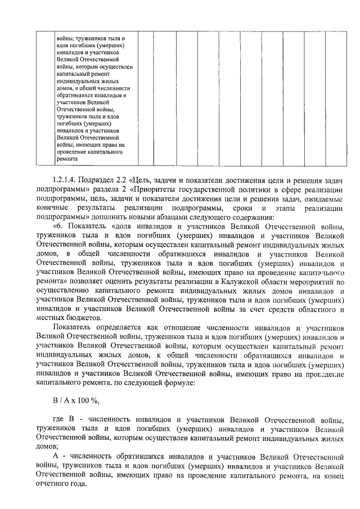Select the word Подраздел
click(x=101, y=179)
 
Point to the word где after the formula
click(x=58, y=420)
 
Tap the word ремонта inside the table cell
click(x=68, y=159)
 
